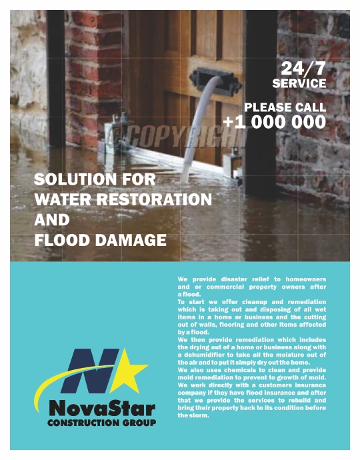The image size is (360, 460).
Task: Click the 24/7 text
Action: pyautogui.click(x=304, y=68)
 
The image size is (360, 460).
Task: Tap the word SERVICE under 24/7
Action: pyautogui.click(x=299, y=83)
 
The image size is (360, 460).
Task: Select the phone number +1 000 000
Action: pyautogui.click(x=275, y=122)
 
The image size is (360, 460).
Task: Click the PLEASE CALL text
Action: pyautogui.click(x=285, y=107)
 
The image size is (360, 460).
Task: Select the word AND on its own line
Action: pyautogui.click(x=51, y=219)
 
